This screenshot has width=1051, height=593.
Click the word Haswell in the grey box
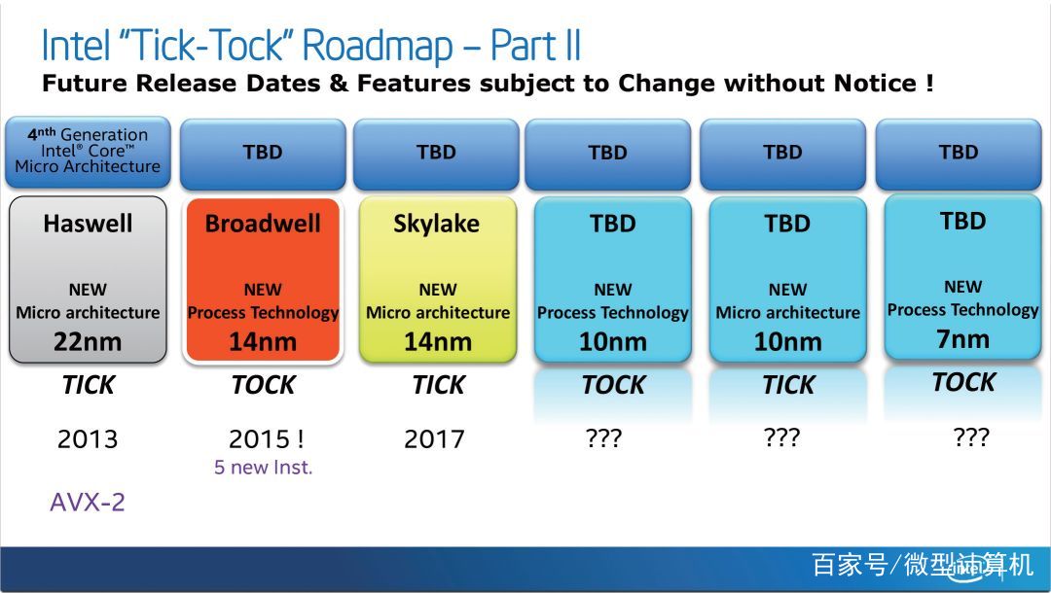(x=88, y=224)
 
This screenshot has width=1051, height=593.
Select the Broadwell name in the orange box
(x=263, y=224)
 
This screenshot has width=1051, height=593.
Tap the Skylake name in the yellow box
(x=436, y=224)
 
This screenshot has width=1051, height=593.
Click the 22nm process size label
(x=88, y=342)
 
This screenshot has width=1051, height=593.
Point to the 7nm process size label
(x=962, y=339)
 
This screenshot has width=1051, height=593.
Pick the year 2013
(x=88, y=439)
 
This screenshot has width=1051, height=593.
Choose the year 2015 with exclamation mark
(x=266, y=439)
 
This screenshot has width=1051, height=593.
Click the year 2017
(x=434, y=439)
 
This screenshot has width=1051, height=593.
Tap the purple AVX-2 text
(x=88, y=502)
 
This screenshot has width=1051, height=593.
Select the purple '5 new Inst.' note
(x=264, y=468)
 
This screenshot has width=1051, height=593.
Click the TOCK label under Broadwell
(x=263, y=385)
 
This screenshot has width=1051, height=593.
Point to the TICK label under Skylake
(x=438, y=385)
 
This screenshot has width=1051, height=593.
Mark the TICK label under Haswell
(x=89, y=385)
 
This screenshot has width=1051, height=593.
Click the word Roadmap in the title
(x=377, y=47)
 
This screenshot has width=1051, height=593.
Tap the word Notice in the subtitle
(x=876, y=84)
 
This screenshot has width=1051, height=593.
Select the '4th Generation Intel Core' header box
(x=88, y=152)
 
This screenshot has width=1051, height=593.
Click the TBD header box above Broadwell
(x=263, y=154)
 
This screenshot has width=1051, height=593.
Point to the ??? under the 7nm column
(x=970, y=436)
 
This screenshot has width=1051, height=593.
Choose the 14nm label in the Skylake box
(x=438, y=342)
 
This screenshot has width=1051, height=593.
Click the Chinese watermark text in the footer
(x=923, y=565)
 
